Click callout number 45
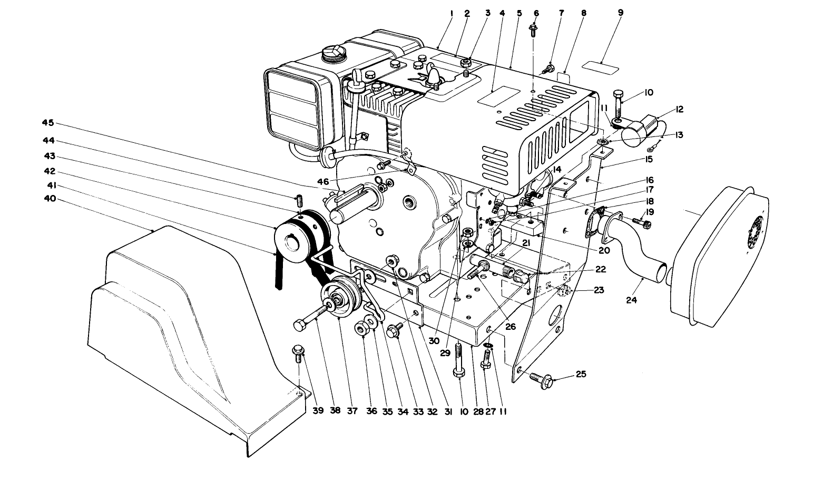point(48,123)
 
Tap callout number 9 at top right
point(621,13)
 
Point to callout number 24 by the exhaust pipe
point(631,300)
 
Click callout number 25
point(581,374)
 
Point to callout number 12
point(679,110)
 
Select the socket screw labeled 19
point(644,223)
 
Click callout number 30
point(433,341)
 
